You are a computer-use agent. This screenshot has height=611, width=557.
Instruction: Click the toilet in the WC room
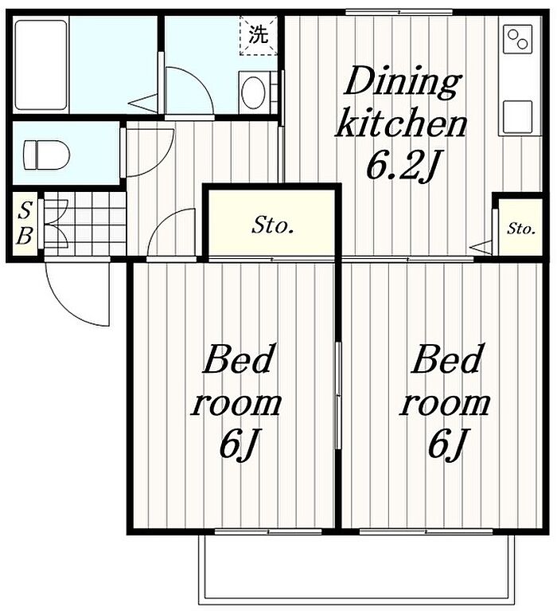click(x=46, y=155)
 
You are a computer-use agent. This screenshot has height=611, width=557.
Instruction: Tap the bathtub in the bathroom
click(x=41, y=65)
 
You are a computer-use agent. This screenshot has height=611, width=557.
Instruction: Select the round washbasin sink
click(x=253, y=92)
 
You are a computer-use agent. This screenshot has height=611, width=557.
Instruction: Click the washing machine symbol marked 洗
click(x=259, y=35)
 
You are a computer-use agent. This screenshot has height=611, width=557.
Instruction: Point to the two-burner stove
click(x=518, y=39)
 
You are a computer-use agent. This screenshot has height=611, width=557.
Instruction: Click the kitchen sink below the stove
click(x=517, y=117)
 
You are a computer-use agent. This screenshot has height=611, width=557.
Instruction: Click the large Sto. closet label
click(x=272, y=225)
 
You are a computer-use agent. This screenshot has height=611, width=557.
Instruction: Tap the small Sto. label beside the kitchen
click(x=521, y=229)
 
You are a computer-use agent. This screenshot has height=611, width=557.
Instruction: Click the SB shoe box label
click(x=25, y=223)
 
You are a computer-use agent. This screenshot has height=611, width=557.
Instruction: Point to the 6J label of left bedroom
click(x=238, y=445)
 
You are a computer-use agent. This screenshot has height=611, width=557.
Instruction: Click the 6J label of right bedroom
click(x=447, y=445)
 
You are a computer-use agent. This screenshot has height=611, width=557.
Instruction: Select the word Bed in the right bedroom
click(x=448, y=358)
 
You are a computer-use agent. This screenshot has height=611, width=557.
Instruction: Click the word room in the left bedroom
click(x=236, y=404)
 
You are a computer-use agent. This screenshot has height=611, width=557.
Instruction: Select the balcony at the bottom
click(x=357, y=569)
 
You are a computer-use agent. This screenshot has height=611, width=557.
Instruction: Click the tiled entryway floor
click(x=85, y=223)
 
